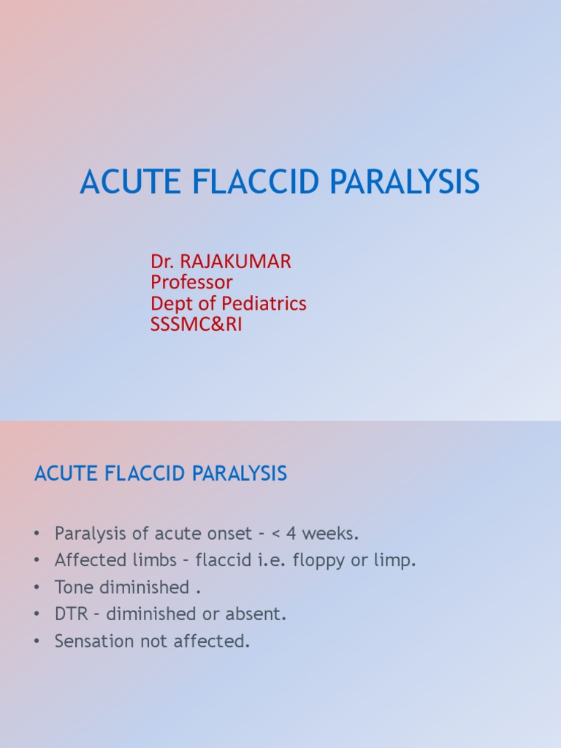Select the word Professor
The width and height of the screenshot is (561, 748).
[191, 282]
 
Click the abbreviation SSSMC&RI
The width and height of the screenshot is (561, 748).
[196, 324]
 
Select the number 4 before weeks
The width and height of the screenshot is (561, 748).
[293, 534]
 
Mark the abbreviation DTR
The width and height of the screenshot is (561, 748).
[70, 614]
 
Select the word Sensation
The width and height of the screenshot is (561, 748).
[91, 641]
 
